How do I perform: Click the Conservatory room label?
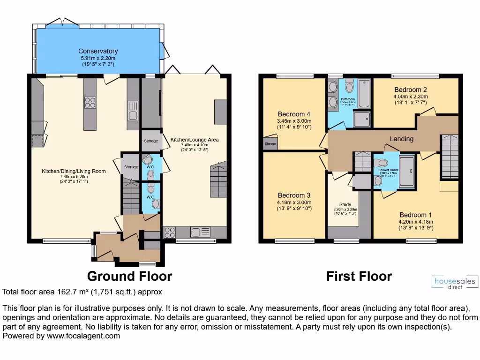click(x=98, y=51)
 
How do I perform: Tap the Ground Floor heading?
click(x=130, y=276)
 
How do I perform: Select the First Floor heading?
click(x=359, y=276)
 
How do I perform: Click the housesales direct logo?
click(x=455, y=282)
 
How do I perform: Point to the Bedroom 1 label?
click(x=412, y=215)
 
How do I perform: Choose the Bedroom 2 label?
click(x=411, y=90)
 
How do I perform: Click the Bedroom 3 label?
click(x=294, y=195)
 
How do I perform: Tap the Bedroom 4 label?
click(x=294, y=114)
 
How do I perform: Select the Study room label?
click(x=345, y=204)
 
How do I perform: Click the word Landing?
click(x=402, y=139)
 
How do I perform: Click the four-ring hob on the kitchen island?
click(x=90, y=103)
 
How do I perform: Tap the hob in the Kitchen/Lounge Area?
click(x=170, y=232)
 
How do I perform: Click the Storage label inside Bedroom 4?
click(x=270, y=144)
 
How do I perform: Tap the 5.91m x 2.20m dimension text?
click(x=98, y=58)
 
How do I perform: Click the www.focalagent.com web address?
click(x=82, y=336)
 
